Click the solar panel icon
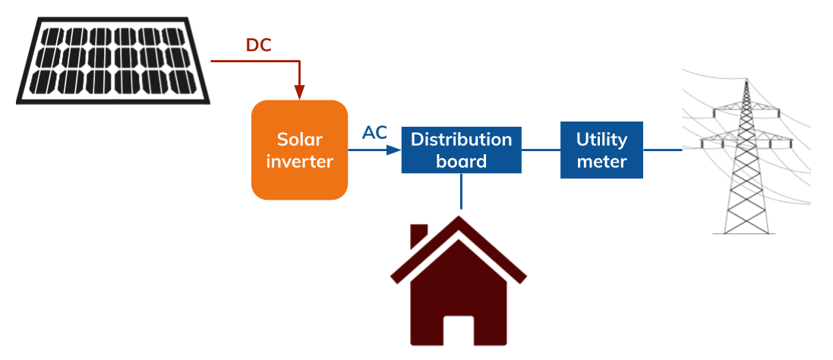[x=114, y=61]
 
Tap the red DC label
[x=258, y=46]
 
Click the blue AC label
[x=374, y=133]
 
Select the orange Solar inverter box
[x=300, y=150]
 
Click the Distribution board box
[x=461, y=150]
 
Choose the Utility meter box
[x=601, y=150]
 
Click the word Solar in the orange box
[x=299, y=140]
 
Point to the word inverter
[x=299, y=161]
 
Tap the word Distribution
[x=461, y=140]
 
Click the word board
[x=461, y=161]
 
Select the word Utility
[x=601, y=140]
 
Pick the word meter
[x=601, y=161]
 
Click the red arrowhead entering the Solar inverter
[x=300, y=93]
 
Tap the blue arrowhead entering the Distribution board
[x=393, y=150]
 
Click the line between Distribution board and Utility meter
[x=541, y=150]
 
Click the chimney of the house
[x=418, y=235]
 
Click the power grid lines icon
[x=748, y=137]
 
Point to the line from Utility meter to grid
[x=662, y=150]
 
